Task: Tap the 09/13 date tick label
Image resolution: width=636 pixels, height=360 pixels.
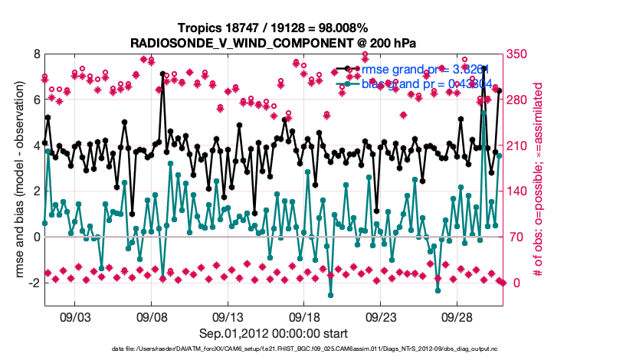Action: (228, 316)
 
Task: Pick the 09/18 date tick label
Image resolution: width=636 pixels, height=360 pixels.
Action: (303, 316)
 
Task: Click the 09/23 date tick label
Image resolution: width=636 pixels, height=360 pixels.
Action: (380, 316)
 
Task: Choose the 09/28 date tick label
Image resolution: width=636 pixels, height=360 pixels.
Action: (456, 316)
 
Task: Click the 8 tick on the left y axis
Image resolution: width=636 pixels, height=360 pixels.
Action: (35, 54)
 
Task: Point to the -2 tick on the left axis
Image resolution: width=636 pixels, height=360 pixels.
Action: (33, 283)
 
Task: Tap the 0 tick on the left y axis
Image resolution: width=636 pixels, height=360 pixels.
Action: (35, 237)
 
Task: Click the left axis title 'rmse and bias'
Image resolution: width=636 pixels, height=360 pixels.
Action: (15, 180)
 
